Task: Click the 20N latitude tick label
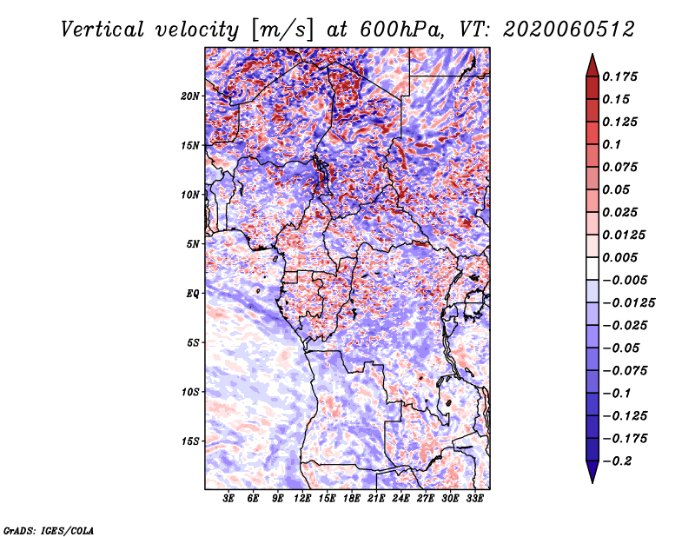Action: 190,96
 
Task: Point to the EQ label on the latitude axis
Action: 192,294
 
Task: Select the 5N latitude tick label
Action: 193,244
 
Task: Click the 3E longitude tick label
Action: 228,499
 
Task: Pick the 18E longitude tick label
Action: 352,499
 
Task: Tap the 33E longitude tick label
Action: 474,499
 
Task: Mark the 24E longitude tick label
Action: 400,499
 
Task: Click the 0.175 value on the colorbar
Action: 619,76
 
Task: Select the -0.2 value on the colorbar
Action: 617,461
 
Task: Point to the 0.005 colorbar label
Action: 619,257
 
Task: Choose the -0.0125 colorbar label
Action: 629,303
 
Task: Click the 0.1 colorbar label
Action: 612,144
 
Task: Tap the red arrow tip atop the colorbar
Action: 592,55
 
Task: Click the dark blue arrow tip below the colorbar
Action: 592,481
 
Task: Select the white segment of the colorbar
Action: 592,268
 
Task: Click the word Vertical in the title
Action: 103,30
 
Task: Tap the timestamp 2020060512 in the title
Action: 569,30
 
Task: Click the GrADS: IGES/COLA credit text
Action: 49,530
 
